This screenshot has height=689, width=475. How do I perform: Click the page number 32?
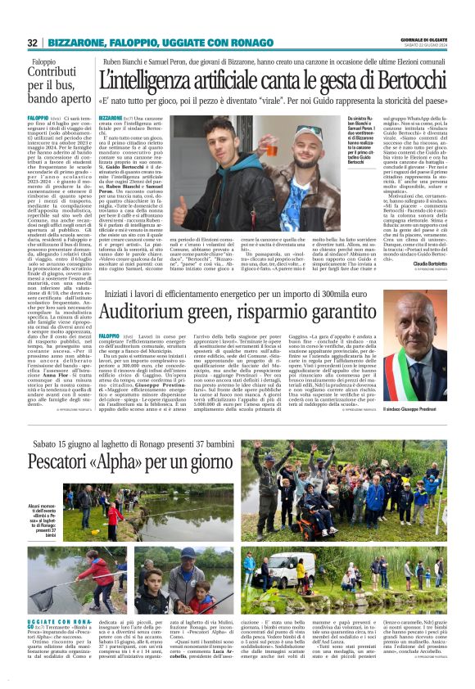pyautogui.click(x=32, y=43)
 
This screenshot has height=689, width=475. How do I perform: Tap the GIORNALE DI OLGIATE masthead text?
pyautogui.click(x=423, y=38)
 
